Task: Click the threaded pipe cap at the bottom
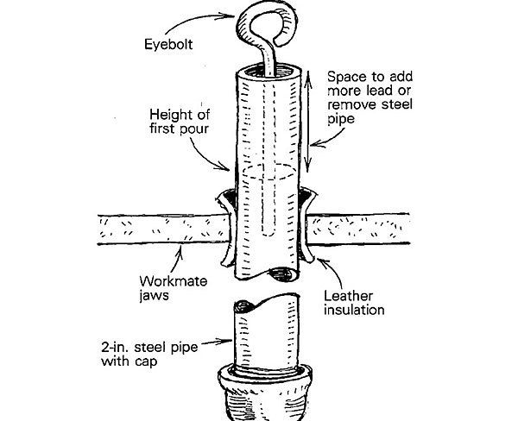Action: (x=260, y=393)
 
